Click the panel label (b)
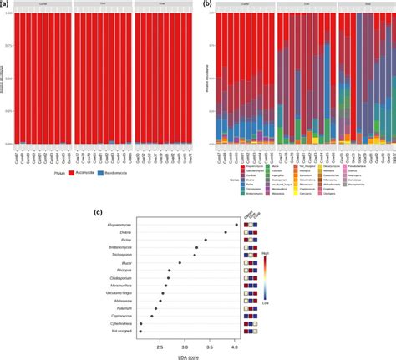(206, 4)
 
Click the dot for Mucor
(180, 263)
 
